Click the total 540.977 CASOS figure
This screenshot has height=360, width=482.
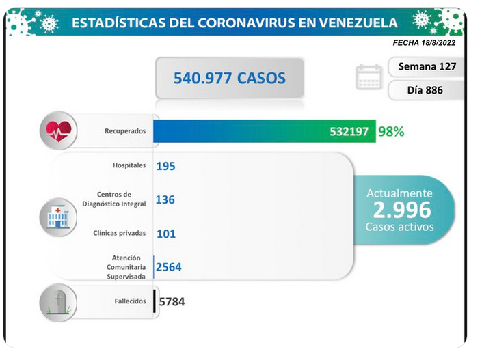[x=230, y=78]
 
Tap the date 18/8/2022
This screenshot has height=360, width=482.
[x=438, y=43]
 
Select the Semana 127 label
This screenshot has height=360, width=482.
[x=427, y=66]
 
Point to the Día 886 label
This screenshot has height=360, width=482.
[x=425, y=90]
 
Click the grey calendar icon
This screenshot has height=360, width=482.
[x=369, y=77]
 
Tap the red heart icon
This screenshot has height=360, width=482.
[x=58, y=131]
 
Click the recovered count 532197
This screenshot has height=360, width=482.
[x=349, y=132]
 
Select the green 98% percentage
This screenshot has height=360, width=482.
[x=391, y=131]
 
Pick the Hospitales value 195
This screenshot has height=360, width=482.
[x=165, y=166]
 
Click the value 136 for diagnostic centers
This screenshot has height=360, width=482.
[x=165, y=199]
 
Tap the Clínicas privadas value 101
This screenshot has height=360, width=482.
[x=166, y=234]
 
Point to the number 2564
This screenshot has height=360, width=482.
[x=168, y=267]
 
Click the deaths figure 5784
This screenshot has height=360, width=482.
[x=172, y=302]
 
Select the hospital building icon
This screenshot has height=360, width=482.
[x=58, y=217]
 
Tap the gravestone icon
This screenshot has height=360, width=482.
[x=58, y=303]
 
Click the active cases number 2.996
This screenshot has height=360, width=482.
[x=402, y=210]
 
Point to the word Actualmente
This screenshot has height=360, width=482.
[x=400, y=193]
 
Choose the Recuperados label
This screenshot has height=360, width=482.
[x=125, y=131]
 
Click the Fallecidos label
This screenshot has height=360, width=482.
[x=130, y=301]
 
